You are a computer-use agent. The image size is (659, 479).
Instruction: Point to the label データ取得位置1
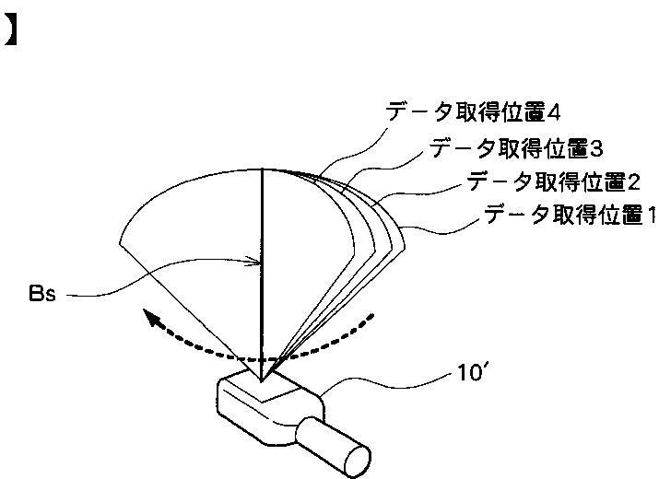[570, 216]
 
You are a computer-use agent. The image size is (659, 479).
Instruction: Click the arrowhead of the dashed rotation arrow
[149, 318]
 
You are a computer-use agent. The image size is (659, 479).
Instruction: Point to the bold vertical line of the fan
[263, 276]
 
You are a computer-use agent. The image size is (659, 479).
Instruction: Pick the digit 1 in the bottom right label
[650, 216]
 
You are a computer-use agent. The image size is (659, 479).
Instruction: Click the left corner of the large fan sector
[121, 243]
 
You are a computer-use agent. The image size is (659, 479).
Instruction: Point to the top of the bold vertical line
[263, 170]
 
